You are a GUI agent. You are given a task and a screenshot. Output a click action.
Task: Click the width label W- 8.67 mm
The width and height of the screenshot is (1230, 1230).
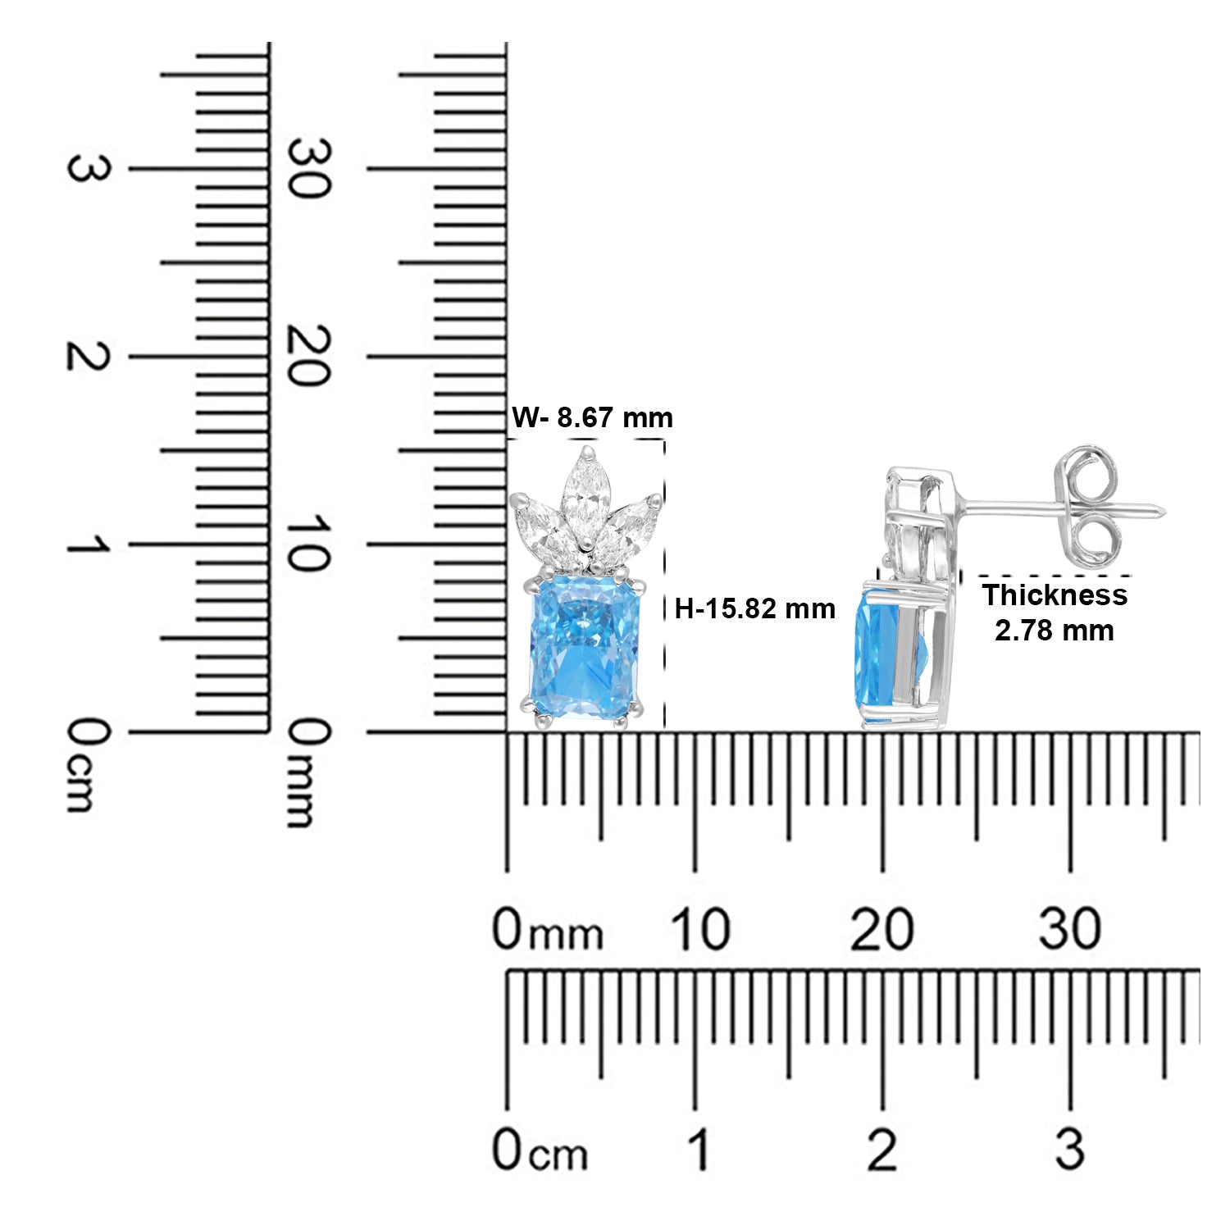(592, 417)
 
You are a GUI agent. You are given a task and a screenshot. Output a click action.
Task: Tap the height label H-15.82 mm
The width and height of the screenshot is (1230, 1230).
(754, 608)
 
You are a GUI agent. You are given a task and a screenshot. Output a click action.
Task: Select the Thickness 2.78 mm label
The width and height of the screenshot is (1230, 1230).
(1055, 613)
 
